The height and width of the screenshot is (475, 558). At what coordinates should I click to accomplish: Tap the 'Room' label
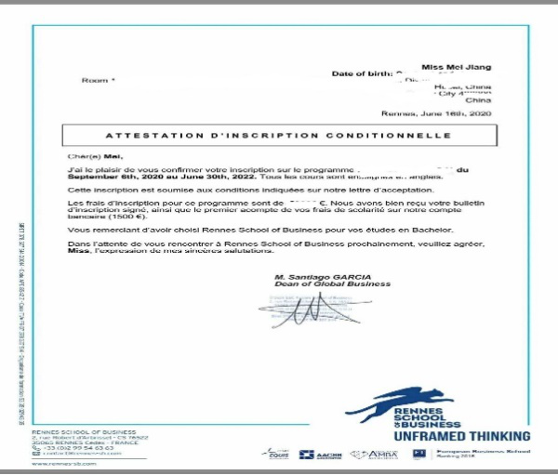coord(97,81)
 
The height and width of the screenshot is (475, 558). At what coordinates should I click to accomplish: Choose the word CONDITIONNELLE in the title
coord(402,136)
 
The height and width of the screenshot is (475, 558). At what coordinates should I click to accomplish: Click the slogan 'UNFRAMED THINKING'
coord(462,436)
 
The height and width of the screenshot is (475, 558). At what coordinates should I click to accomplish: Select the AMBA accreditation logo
coord(380,455)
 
